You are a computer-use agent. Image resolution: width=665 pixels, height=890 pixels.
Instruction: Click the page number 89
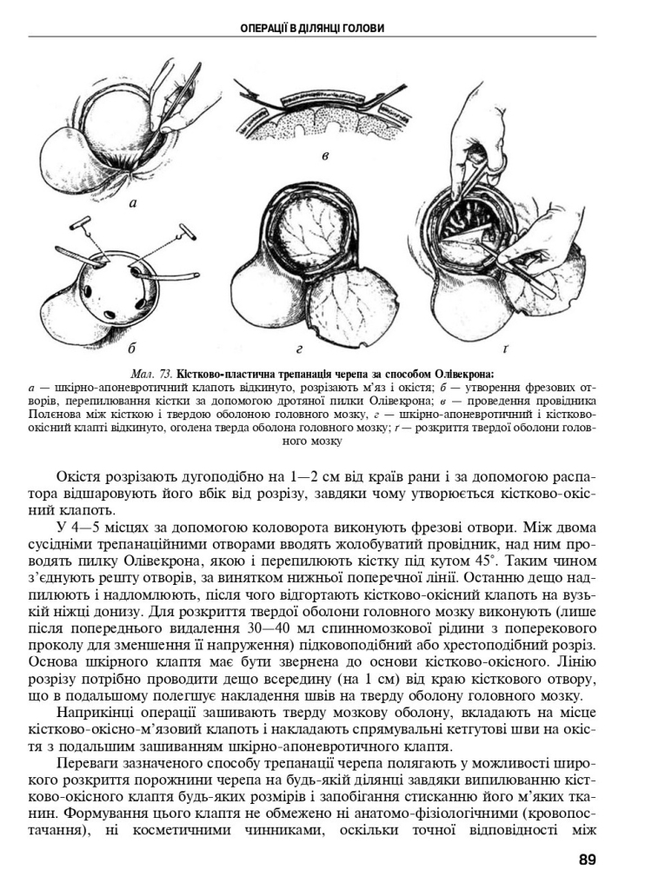[x=587, y=860]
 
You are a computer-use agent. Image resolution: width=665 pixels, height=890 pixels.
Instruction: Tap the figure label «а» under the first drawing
[x=132, y=203]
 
